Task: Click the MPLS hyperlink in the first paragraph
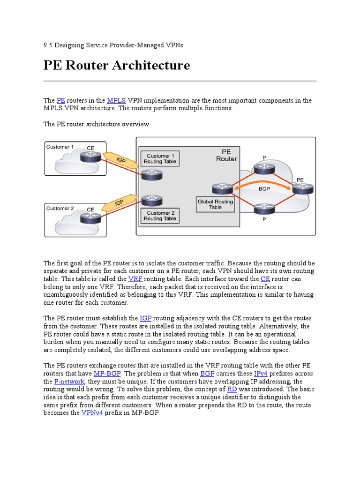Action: pos(116,100)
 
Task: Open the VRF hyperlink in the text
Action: pos(135,278)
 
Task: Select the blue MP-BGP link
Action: pos(107,374)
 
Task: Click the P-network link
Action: pos(69,382)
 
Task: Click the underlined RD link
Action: pos(232,390)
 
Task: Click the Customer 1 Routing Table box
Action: pos(160,158)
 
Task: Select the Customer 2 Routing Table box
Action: pos(160,216)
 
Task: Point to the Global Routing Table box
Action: pos(215,204)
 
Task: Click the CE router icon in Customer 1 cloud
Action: pos(90,157)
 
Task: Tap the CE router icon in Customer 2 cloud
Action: pos(90,217)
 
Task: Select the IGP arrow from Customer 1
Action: pos(121,160)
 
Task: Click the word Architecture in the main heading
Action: pos(151,65)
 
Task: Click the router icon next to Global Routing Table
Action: pos(221,188)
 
